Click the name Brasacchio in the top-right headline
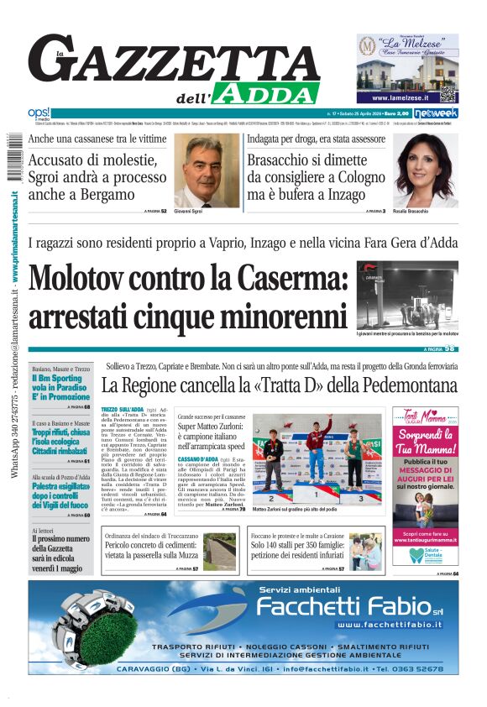(292, 160)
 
